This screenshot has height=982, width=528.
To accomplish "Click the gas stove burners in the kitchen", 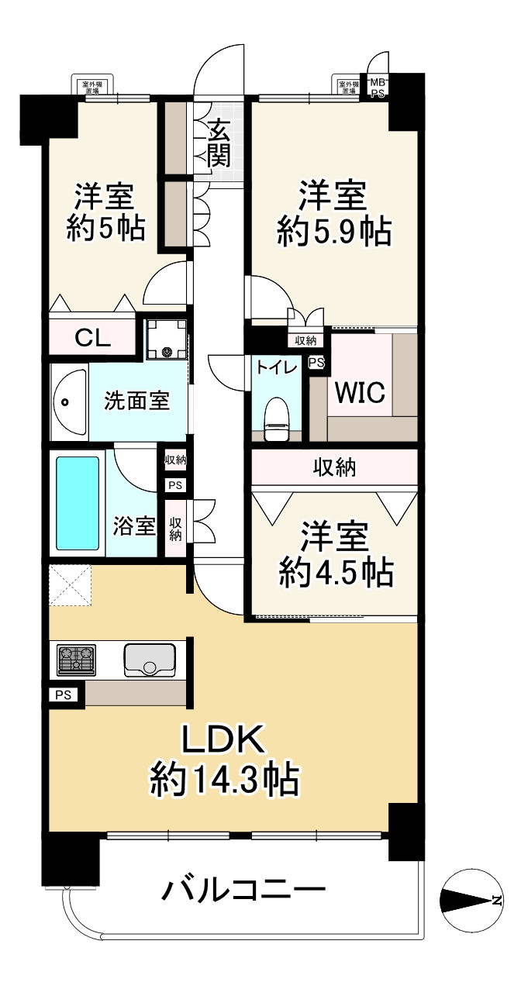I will point(75,660).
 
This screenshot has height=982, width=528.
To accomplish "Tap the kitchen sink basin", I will point(150,659).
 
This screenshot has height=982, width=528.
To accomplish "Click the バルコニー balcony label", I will point(243,890).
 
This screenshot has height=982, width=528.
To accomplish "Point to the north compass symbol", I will point(471,900).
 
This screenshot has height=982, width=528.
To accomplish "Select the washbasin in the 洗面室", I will point(68,402).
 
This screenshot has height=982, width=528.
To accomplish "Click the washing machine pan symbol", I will point(167,339).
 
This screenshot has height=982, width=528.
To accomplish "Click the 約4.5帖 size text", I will point(335,573).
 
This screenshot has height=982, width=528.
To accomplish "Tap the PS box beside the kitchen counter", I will point(64,695).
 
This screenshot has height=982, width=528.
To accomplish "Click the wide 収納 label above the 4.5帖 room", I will point(334,467).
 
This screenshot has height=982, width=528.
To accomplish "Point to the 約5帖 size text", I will point(105,229).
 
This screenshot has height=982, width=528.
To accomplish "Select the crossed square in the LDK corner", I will point(71,586).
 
